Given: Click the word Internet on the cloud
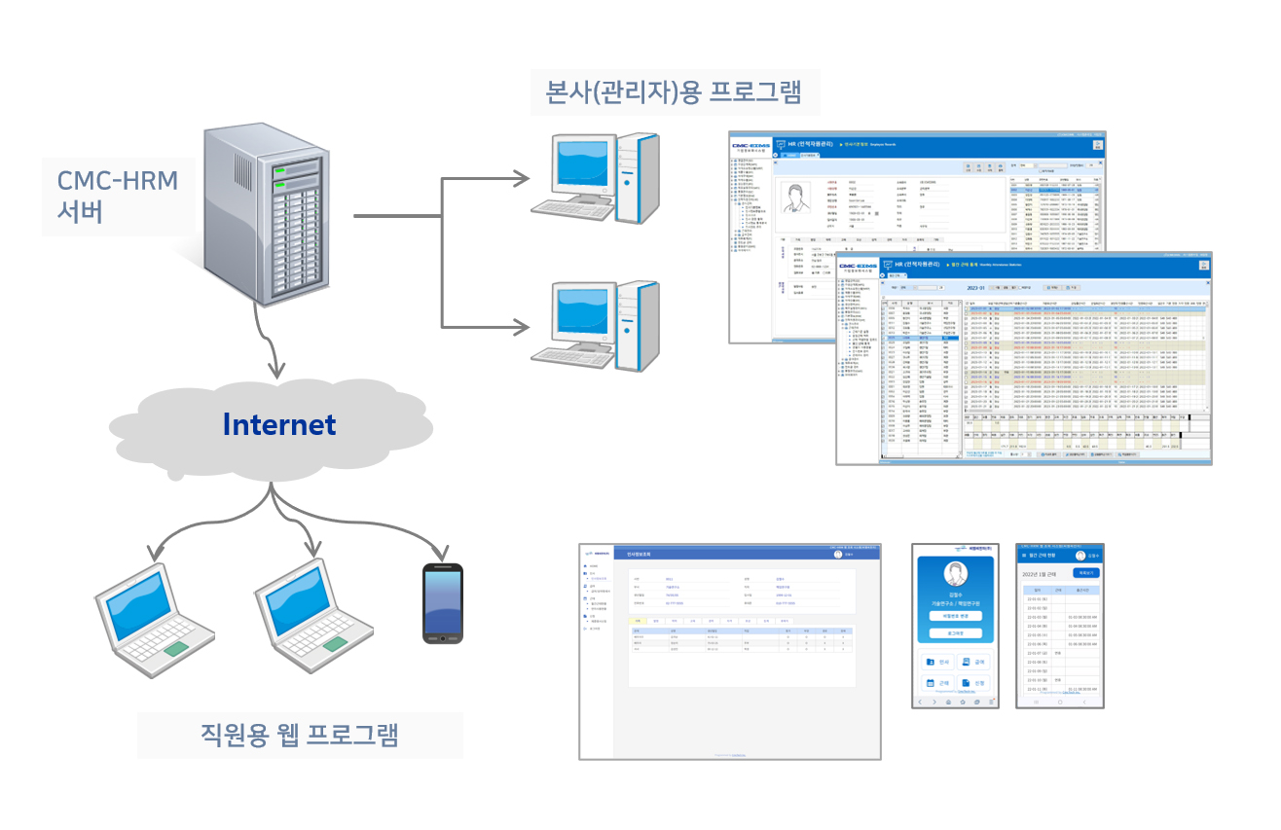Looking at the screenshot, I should [278, 424].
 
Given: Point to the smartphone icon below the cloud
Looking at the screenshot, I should [442, 602].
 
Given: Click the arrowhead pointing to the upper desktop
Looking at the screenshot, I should [523, 178].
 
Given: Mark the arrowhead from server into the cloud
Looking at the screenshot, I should [278, 370].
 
